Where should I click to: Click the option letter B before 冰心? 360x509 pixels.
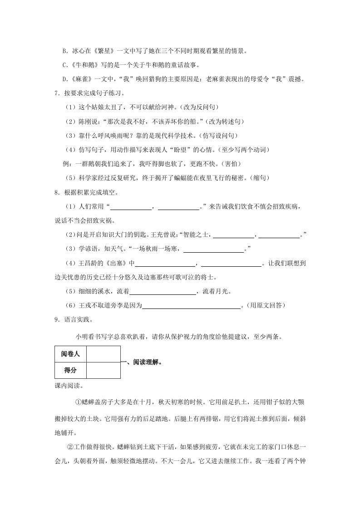(64, 51)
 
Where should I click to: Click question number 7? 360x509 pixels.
(56, 93)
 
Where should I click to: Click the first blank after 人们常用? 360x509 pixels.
(131, 207)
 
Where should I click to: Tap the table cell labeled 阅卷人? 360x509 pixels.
(70, 354)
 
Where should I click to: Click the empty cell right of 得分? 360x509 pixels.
(104, 370)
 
